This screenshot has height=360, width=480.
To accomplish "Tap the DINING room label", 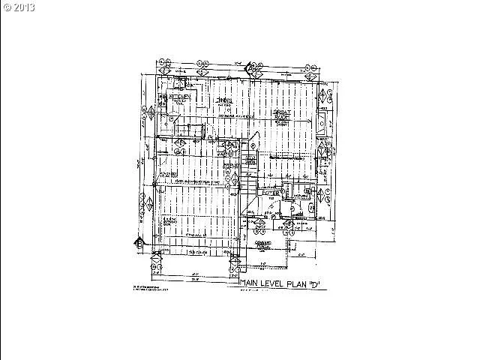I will click(223, 100).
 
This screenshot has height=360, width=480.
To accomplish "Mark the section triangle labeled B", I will click(139, 242).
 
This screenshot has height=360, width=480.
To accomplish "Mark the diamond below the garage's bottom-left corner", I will click(157, 263).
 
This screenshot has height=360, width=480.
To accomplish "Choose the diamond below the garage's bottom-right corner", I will click(235, 263).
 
